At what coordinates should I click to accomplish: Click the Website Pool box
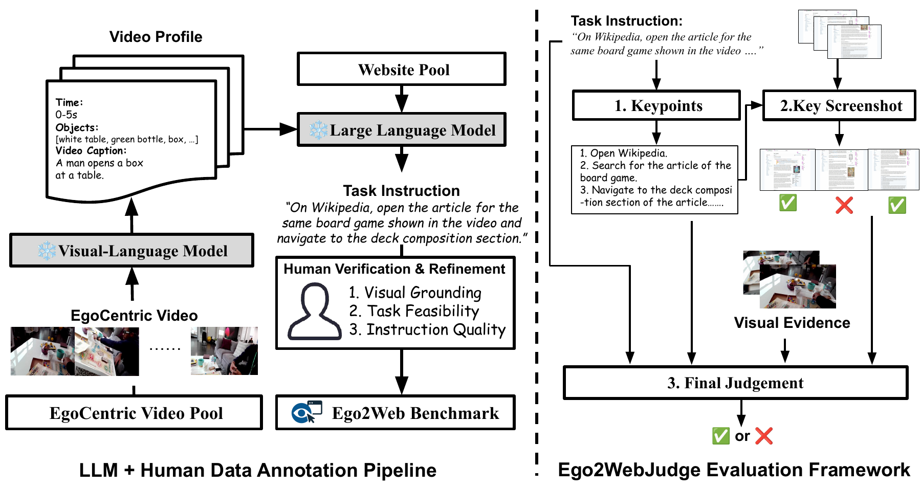point(402,69)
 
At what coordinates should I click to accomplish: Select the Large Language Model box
point(402,130)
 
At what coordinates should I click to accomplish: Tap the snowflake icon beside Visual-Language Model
point(47,251)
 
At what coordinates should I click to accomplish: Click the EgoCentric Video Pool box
point(134,413)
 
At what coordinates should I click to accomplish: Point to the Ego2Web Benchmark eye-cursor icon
point(306,412)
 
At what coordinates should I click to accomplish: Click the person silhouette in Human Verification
point(314,313)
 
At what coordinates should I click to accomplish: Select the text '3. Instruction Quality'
point(427,330)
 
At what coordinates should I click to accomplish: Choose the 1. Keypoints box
point(656,105)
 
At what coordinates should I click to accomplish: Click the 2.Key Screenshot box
point(839,105)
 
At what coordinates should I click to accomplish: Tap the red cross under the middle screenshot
point(844,205)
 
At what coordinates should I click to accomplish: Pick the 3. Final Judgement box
point(735,383)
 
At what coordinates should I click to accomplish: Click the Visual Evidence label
point(792,323)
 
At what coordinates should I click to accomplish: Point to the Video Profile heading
point(156,37)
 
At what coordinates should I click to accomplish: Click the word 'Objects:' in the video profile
point(77,127)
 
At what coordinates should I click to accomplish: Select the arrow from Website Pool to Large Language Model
point(402,99)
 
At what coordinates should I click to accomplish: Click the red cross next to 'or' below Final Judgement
point(763,436)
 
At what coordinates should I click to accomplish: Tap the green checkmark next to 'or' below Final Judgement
point(720,436)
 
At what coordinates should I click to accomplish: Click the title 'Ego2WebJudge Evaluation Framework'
point(734,470)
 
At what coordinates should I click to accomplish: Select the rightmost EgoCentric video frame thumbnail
point(224,351)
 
